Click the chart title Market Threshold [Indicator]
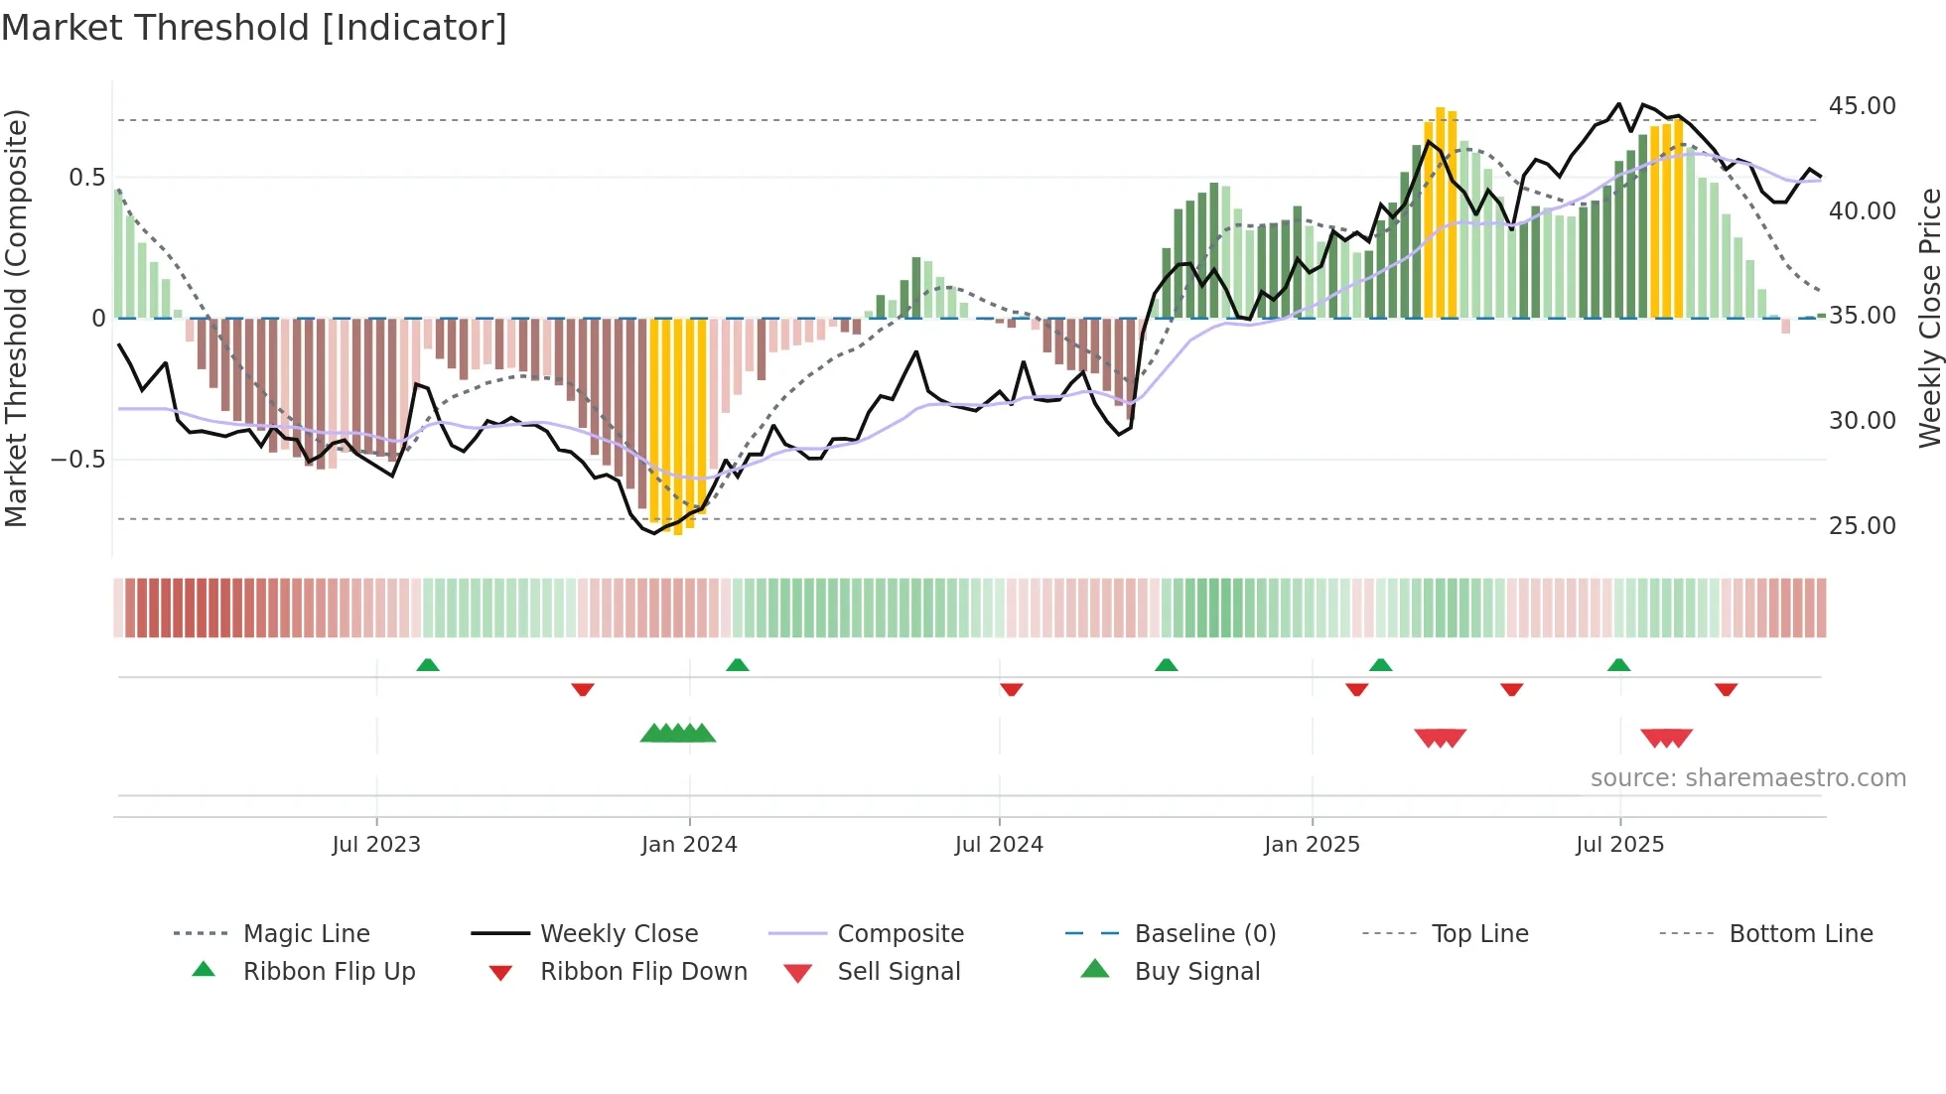[254, 28]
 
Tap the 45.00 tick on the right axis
[1862, 106]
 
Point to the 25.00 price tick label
[1862, 526]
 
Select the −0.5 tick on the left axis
[77, 460]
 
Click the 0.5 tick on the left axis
[86, 178]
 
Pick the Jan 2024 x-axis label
[689, 845]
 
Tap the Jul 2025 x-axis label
[1619, 845]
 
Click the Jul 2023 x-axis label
[376, 845]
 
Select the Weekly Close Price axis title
[1929, 318]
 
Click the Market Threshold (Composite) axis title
[16, 318]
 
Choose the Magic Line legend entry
[306, 934]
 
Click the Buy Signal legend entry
[1196, 972]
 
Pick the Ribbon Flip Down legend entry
[642, 972]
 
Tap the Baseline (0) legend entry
[1204, 934]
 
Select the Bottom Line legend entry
[1800, 934]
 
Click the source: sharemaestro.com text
[1747, 778]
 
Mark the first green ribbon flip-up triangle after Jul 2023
[428, 665]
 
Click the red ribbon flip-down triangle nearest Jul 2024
[1012, 689]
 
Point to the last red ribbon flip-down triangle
[1726, 689]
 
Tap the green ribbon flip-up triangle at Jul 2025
[1618, 665]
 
